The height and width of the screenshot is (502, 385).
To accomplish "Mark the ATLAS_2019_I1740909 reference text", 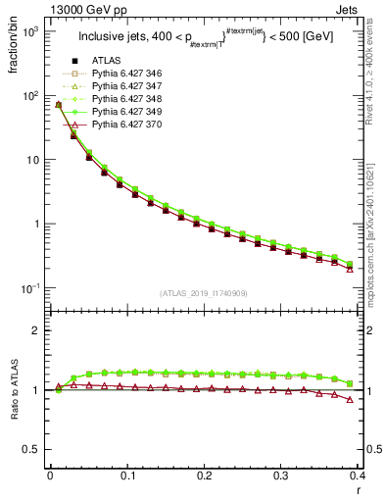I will (204, 293).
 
